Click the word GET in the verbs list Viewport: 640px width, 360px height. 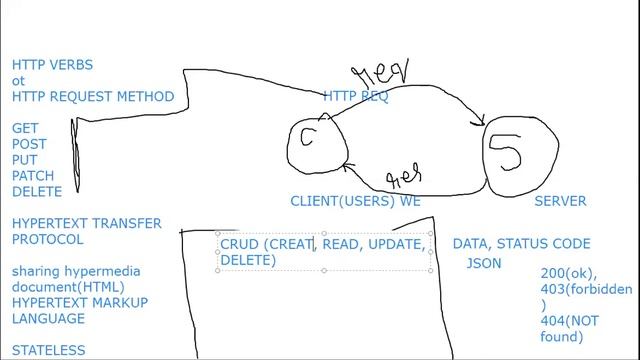click(x=25, y=129)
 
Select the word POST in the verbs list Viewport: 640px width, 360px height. click(x=29, y=145)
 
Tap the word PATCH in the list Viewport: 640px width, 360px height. click(x=33, y=176)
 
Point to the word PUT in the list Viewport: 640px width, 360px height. click(x=25, y=160)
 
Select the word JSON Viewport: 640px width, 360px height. click(x=484, y=264)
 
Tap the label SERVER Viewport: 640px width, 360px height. click(x=560, y=201)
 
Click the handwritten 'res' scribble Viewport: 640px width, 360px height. click(x=404, y=177)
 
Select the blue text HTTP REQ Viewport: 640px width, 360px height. click(x=356, y=97)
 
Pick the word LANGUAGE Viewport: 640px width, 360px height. click(x=49, y=319)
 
